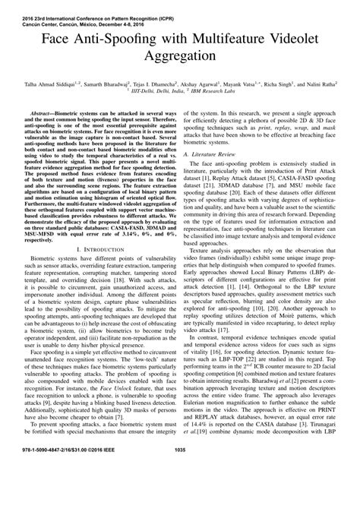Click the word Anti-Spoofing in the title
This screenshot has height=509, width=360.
(x=123, y=39)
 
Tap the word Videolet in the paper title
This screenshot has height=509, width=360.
(x=285, y=39)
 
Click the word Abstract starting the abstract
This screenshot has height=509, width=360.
(x=43, y=111)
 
